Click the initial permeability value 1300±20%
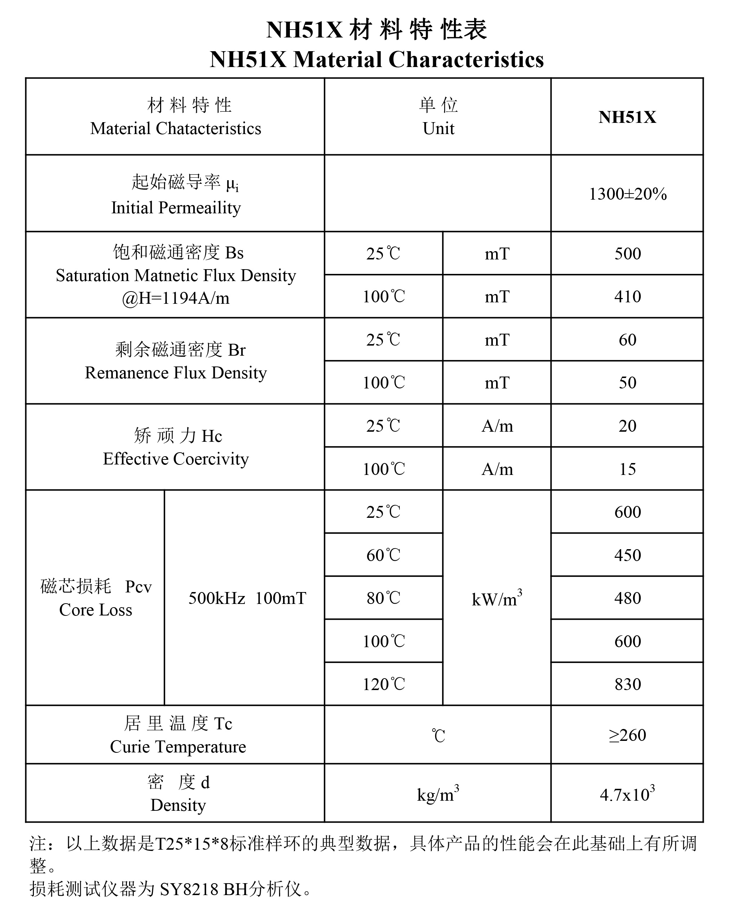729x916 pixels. point(627,194)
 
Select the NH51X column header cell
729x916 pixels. point(627,117)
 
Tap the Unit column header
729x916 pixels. point(438,128)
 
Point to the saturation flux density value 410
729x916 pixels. point(627,297)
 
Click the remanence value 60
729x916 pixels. point(627,340)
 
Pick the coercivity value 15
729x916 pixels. point(627,469)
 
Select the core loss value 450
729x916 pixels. point(627,555)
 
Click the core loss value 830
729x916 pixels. point(627,684)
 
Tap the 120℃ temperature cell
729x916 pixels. point(383,684)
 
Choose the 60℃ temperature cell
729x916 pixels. point(383,555)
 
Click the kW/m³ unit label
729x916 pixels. point(496,599)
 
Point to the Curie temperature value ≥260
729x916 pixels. point(627,735)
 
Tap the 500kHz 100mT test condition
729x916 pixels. point(247,598)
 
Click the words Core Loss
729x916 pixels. point(96,610)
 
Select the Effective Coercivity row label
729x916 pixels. point(176,459)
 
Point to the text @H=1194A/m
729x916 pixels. point(176,298)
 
